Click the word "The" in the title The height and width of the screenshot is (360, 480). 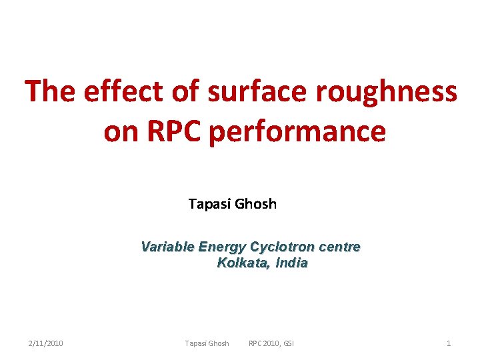point(51,91)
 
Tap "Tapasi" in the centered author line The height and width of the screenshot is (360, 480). point(208,204)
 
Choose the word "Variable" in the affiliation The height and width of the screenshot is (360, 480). point(167,247)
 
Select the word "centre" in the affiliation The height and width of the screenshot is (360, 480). point(339,247)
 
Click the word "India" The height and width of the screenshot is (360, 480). point(291,263)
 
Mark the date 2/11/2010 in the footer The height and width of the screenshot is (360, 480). point(46,343)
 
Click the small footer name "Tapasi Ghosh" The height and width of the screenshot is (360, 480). point(207,343)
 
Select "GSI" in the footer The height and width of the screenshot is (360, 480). point(288,343)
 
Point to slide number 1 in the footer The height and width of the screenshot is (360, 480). point(449,343)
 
